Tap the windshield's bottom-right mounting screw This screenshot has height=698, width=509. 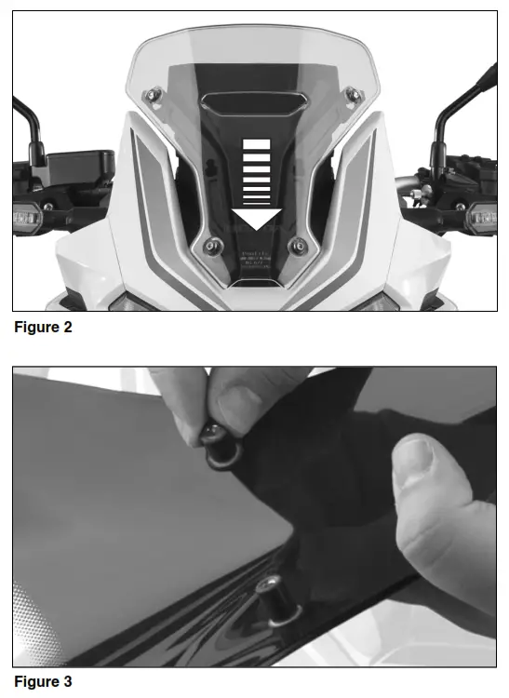coord(298,246)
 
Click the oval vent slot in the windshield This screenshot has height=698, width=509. coord(254,103)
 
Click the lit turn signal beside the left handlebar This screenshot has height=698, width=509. coord(20,218)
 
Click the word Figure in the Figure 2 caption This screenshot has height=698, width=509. coord(35,327)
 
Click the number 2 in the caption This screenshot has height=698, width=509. coord(67,327)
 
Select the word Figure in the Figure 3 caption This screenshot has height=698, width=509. coord(35,681)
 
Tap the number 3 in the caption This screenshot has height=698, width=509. coord(67,681)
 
